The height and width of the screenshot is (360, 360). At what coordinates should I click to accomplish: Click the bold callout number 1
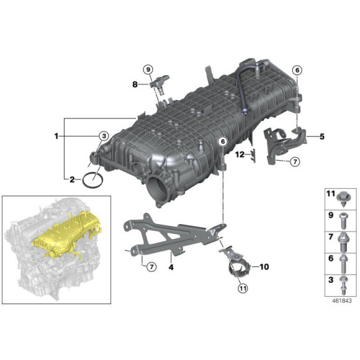point(56,135)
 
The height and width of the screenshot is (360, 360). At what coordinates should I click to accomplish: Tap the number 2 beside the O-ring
point(72,180)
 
